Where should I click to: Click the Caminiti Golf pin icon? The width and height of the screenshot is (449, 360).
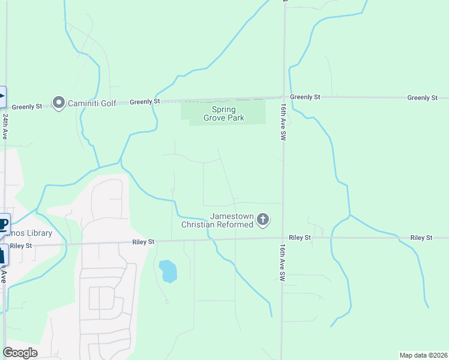point(58,103)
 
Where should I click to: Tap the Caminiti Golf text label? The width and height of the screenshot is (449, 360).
point(91,103)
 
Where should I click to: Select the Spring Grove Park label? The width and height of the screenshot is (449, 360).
point(223,113)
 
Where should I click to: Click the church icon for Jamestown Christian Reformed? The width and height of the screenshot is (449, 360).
point(262,220)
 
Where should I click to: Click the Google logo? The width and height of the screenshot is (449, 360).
point(20,353)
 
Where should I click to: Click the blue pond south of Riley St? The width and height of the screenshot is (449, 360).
point(169,271)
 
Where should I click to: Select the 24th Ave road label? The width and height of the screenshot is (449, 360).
point(5,126)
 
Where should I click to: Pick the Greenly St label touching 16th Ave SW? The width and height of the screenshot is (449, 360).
point(306,97)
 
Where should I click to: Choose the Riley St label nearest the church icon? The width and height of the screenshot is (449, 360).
point(300,238)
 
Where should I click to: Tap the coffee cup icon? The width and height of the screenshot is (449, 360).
point(3,225)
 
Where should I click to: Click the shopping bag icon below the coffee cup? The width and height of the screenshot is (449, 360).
point(2,255)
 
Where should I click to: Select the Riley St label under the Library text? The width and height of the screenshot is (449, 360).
point(20,245)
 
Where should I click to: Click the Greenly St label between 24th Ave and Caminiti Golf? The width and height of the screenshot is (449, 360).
point(27,106)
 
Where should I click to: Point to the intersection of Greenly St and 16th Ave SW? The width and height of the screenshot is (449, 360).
point(283,97)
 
